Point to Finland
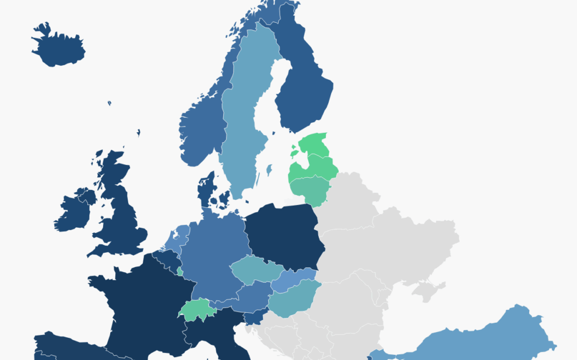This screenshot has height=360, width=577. tap(303, 87)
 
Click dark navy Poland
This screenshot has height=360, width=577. tap(283, 233)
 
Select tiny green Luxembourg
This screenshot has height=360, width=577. tap(180, 271)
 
